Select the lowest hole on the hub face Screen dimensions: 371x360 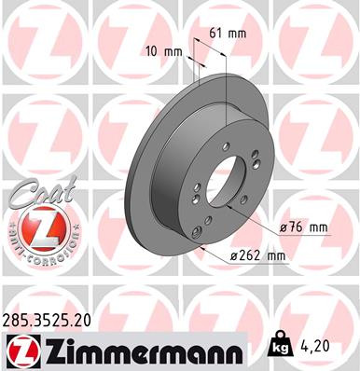click(x=197, y=233)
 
